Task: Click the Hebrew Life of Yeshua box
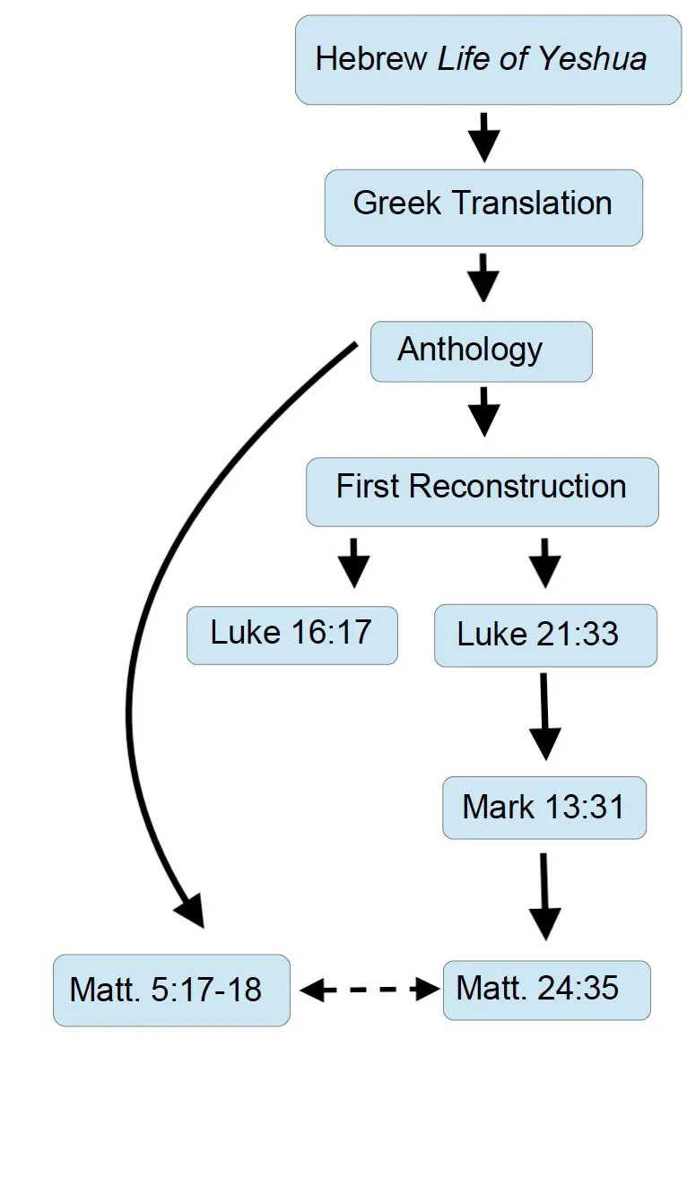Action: coord(488,60)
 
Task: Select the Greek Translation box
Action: coord(483,207)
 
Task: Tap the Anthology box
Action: coord(482,351)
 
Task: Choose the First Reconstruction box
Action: coord(482,491)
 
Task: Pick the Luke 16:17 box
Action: coord(291,634)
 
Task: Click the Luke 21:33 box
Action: coord(545,636)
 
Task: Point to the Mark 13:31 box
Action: coord(544,808)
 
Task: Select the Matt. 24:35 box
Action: coord(546,991)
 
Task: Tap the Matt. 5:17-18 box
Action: coord(171,991)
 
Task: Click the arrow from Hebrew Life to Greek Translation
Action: coord(484,137)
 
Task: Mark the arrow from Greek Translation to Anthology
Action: coord(484,278)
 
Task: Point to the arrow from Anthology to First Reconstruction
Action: coord(484,411)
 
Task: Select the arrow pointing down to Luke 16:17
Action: coord(353,562)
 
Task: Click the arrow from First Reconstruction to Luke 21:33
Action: coord(544,562)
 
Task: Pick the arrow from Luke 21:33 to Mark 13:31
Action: coord(544,716)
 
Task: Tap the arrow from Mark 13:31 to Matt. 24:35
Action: coord(544,896)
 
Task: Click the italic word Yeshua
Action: coord(592,59)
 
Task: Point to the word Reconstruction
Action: coord(517,487)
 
